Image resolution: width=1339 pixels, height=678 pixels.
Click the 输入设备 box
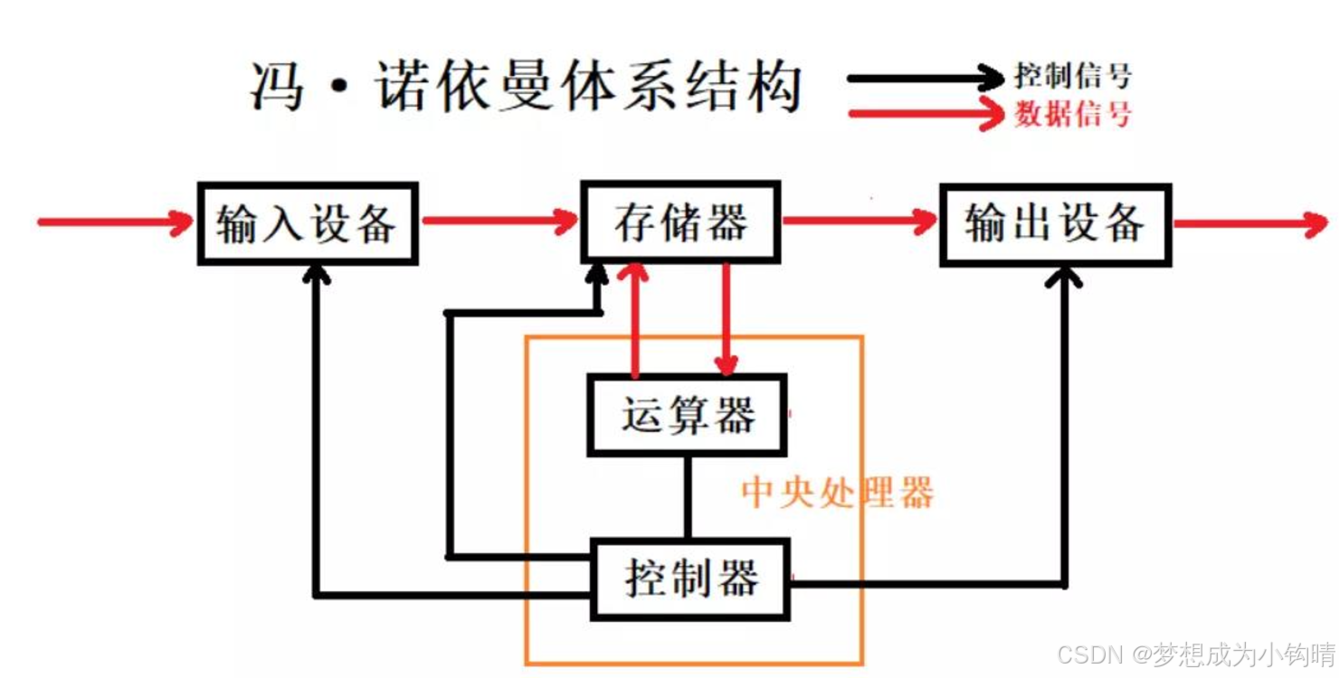pyautogui.click(x=307, y=222)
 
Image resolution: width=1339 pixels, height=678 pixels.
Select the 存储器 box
pyautogui.click(x=680, y=222)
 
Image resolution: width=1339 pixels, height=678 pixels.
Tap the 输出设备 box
pyautogui.click(x=1055, y=223)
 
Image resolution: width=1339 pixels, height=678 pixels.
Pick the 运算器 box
pyautogui.click(x=687, y=415)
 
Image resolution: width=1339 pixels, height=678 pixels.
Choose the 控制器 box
pyautogui.click(x=690, y=579)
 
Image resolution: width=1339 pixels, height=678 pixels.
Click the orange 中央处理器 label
pyautogui.click(x=837, y=494)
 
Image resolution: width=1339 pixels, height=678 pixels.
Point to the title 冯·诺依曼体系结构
pyautogui.click(x=525, y=89)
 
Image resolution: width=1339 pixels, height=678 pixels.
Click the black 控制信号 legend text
pyautogui.click(x=1073, y=76)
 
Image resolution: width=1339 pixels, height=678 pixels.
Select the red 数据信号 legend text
pyautogui.click(x=1073, y=115)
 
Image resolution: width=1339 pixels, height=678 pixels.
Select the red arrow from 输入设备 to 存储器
pyautogui.click(x=498, y=220)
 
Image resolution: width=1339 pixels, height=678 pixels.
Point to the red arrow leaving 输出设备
pyautogui.click(x=1249, y=222)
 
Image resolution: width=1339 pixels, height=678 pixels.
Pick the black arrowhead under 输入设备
pyautogui.click(x=316, y=274)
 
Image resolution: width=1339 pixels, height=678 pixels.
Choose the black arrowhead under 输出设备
pyautogui.click(x=1064, y=276)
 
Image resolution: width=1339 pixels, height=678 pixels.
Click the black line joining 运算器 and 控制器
pyautogui.click(x=688, y=496)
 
